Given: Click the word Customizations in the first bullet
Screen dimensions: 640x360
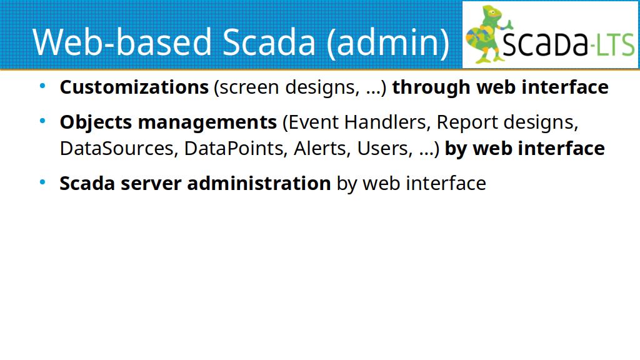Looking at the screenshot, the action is pos(134,87).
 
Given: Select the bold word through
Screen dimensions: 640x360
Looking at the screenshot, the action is pos(431,87).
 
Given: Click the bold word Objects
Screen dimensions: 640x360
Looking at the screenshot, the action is pos(96,122).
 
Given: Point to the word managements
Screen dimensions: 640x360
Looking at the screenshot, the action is pos(207,122).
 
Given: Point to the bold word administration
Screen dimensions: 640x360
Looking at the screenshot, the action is pos(259,183).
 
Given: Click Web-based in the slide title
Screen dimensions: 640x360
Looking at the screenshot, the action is pos(122,42).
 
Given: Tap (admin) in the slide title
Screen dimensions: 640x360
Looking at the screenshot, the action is pos(388,42).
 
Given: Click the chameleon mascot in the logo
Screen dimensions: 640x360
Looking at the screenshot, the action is pos(487,34).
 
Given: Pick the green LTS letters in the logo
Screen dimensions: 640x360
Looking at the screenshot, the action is pos(615,44).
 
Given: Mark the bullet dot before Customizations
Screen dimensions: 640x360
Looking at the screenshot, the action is pos(42,86).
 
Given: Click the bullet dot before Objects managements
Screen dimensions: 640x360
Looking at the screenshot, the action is pos(42,121).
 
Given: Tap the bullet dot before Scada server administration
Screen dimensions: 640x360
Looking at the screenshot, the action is pos(42,182).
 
